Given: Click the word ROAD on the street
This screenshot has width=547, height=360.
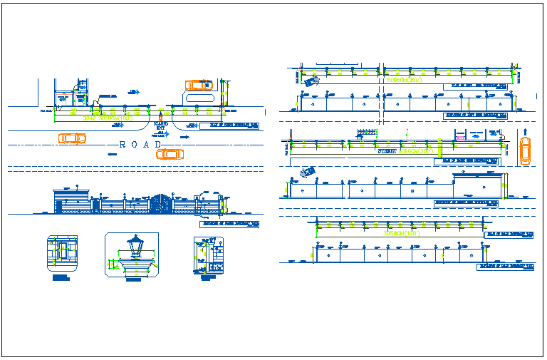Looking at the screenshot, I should pos(140,145).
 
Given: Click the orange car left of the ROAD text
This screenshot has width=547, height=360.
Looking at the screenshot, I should pos(70,138).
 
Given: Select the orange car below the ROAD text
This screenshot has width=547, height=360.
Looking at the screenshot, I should pos(170,153).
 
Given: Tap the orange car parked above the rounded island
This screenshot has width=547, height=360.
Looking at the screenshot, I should pos(199,85).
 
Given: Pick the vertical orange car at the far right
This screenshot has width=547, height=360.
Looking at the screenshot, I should pos(525,150).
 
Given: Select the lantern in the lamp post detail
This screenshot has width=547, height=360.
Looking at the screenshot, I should pos(134,248).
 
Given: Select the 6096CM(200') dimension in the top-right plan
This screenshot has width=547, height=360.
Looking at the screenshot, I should pos(404,81).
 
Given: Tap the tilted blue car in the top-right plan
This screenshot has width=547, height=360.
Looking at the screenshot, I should pos(312,82).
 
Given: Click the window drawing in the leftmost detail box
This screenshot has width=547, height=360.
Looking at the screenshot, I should pos(61,251).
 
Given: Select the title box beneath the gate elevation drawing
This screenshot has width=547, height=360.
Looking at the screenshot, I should pos(229,224).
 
